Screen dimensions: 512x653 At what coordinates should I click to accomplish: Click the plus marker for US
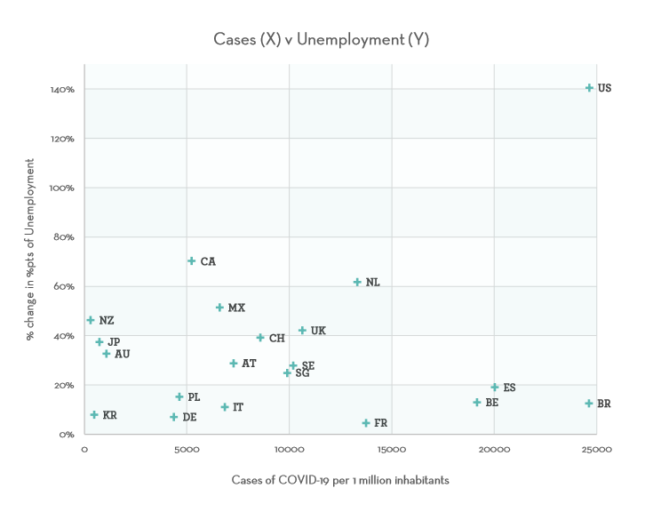coord(589,88)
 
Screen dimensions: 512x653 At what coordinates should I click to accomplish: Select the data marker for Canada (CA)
coord(192,261)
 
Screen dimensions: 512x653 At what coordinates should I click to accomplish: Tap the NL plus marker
coord(357,282)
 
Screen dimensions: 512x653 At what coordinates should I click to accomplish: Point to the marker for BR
coord(588,404)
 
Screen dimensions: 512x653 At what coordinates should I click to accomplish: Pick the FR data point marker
coord(366,423)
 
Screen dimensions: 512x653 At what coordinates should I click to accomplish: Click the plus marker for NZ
coord(91,320)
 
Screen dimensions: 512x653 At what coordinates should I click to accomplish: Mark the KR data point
coord(94,415)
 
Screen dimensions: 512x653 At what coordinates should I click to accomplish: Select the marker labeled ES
coord(495,388)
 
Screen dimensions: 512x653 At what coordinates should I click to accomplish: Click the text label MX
coord(236,308)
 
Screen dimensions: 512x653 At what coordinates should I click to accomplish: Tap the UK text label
coord(318,331)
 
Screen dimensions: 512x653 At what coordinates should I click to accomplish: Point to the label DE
coord(189,417)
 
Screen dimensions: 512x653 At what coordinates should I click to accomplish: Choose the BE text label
coord(491,403)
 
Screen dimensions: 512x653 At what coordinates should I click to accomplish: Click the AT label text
coord(249,364)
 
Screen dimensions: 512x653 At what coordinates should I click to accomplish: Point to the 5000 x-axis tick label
coord(187,450)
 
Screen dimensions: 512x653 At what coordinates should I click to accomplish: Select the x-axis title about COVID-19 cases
coord(340,480)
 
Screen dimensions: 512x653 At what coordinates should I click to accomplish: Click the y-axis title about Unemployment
coord(30,250)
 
